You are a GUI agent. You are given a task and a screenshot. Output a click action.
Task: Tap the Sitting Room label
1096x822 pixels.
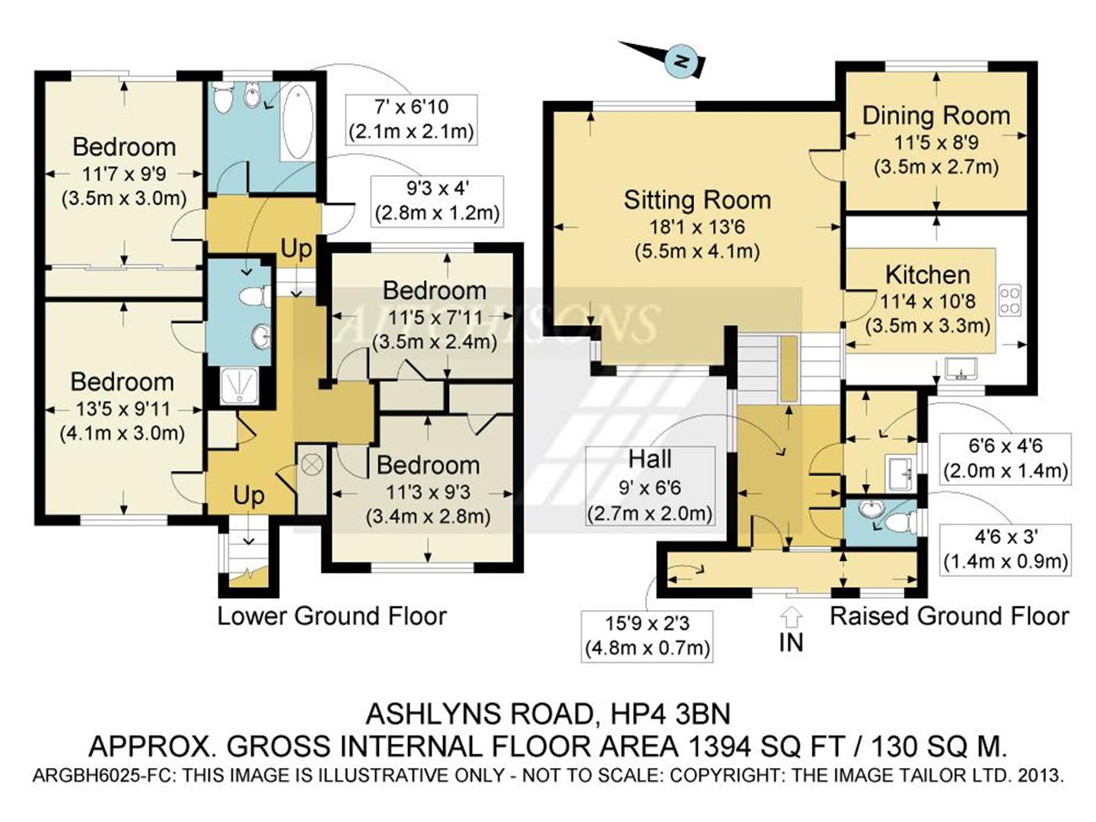point(697,200)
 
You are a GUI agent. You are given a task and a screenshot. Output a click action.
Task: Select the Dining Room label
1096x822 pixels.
point(936,116)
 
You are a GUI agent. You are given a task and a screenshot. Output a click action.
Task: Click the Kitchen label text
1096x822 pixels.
point(927,275)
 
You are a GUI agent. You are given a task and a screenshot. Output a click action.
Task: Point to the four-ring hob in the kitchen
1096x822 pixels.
point(1010,300)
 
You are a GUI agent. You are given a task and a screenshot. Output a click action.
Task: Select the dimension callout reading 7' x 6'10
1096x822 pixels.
point(411,119)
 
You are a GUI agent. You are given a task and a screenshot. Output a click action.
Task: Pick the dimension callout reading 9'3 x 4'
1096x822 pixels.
point(438,201)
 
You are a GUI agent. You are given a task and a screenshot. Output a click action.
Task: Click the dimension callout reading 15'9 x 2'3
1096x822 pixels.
point(647,636)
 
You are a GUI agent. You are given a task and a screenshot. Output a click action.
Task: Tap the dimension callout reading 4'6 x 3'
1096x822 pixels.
point(1005,550)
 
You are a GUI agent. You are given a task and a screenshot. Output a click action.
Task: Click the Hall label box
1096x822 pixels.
point(650,486)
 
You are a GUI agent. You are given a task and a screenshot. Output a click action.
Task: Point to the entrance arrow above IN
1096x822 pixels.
point(791,618)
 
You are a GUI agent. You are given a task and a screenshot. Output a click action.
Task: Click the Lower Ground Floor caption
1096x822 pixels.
point(332,616)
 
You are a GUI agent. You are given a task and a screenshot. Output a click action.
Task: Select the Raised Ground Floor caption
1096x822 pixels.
point(948,616)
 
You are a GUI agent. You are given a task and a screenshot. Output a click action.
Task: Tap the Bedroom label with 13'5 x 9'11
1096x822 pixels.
point(123,382)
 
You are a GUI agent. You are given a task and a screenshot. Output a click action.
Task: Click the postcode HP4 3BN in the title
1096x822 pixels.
point(671,714)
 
